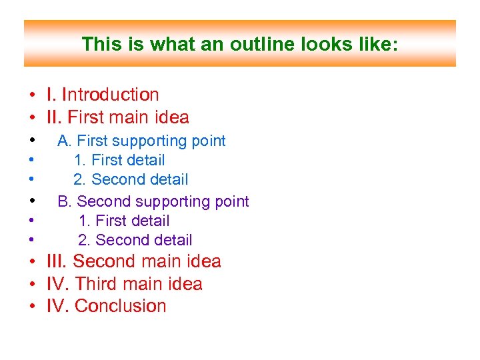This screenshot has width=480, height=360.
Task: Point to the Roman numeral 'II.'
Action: (53, 118)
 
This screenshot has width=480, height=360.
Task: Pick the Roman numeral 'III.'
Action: (57, 262)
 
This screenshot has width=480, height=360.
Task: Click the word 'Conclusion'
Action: (121, 306)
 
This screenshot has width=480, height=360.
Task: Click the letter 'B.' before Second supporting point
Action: (65, 202)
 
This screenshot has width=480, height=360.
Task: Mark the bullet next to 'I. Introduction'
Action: (31, 96)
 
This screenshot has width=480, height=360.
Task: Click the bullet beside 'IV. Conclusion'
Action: (31, 307)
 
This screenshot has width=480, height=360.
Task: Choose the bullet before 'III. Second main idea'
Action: (31, 263)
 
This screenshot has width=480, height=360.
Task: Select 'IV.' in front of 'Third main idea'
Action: (58, 284)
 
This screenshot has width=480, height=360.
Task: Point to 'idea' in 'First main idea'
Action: (171, 118)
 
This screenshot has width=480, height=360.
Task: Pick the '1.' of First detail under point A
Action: (80, 161)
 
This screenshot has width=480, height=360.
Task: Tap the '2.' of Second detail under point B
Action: (84, 241)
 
